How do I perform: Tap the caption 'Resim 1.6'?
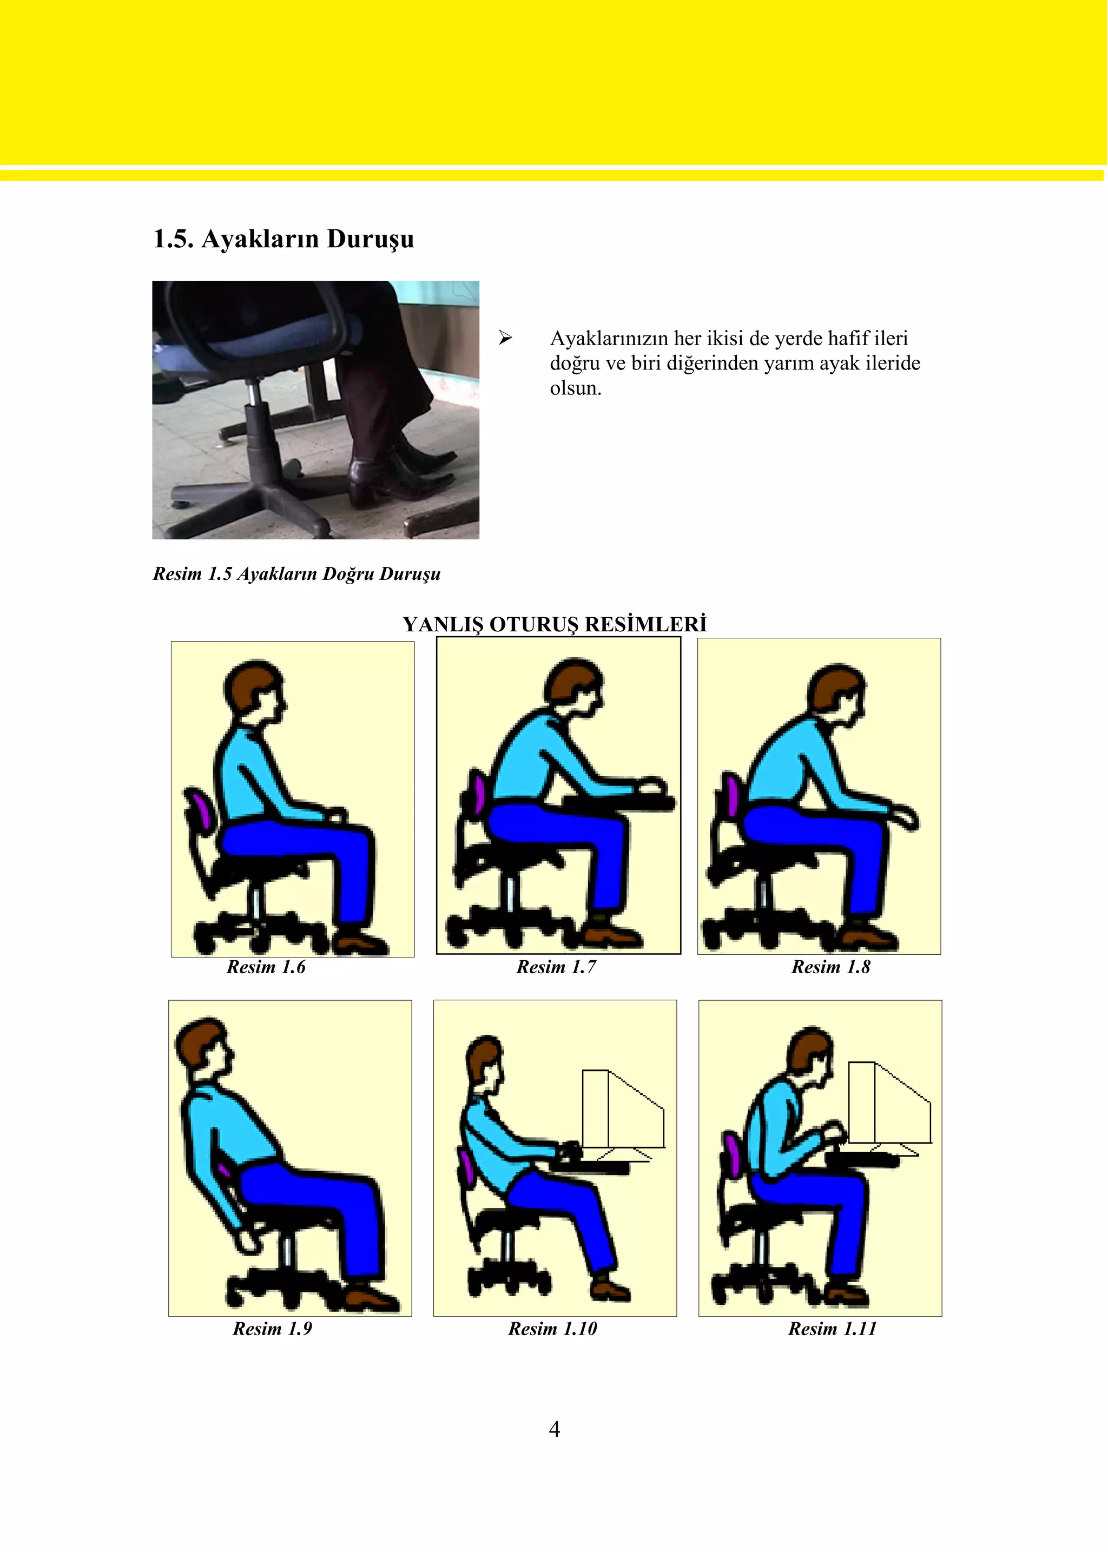(x=266, y=967)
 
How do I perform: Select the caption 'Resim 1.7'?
(x=556, y=967)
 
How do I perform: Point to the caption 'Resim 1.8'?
(x=831, y=967)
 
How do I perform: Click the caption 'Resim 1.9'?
(x=272, y=1328)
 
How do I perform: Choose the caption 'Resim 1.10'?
(x=552, y=1328)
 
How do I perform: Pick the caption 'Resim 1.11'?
(x=833, y=1328)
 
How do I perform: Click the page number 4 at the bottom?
(x=555, y=1429)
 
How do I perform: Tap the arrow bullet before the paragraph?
(x=505, y=338)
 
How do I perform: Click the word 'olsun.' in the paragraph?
(x=576, y=388)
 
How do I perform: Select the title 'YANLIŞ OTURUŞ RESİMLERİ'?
(x=555, y=624)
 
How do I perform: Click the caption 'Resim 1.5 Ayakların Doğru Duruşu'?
(x=297, y=574)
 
